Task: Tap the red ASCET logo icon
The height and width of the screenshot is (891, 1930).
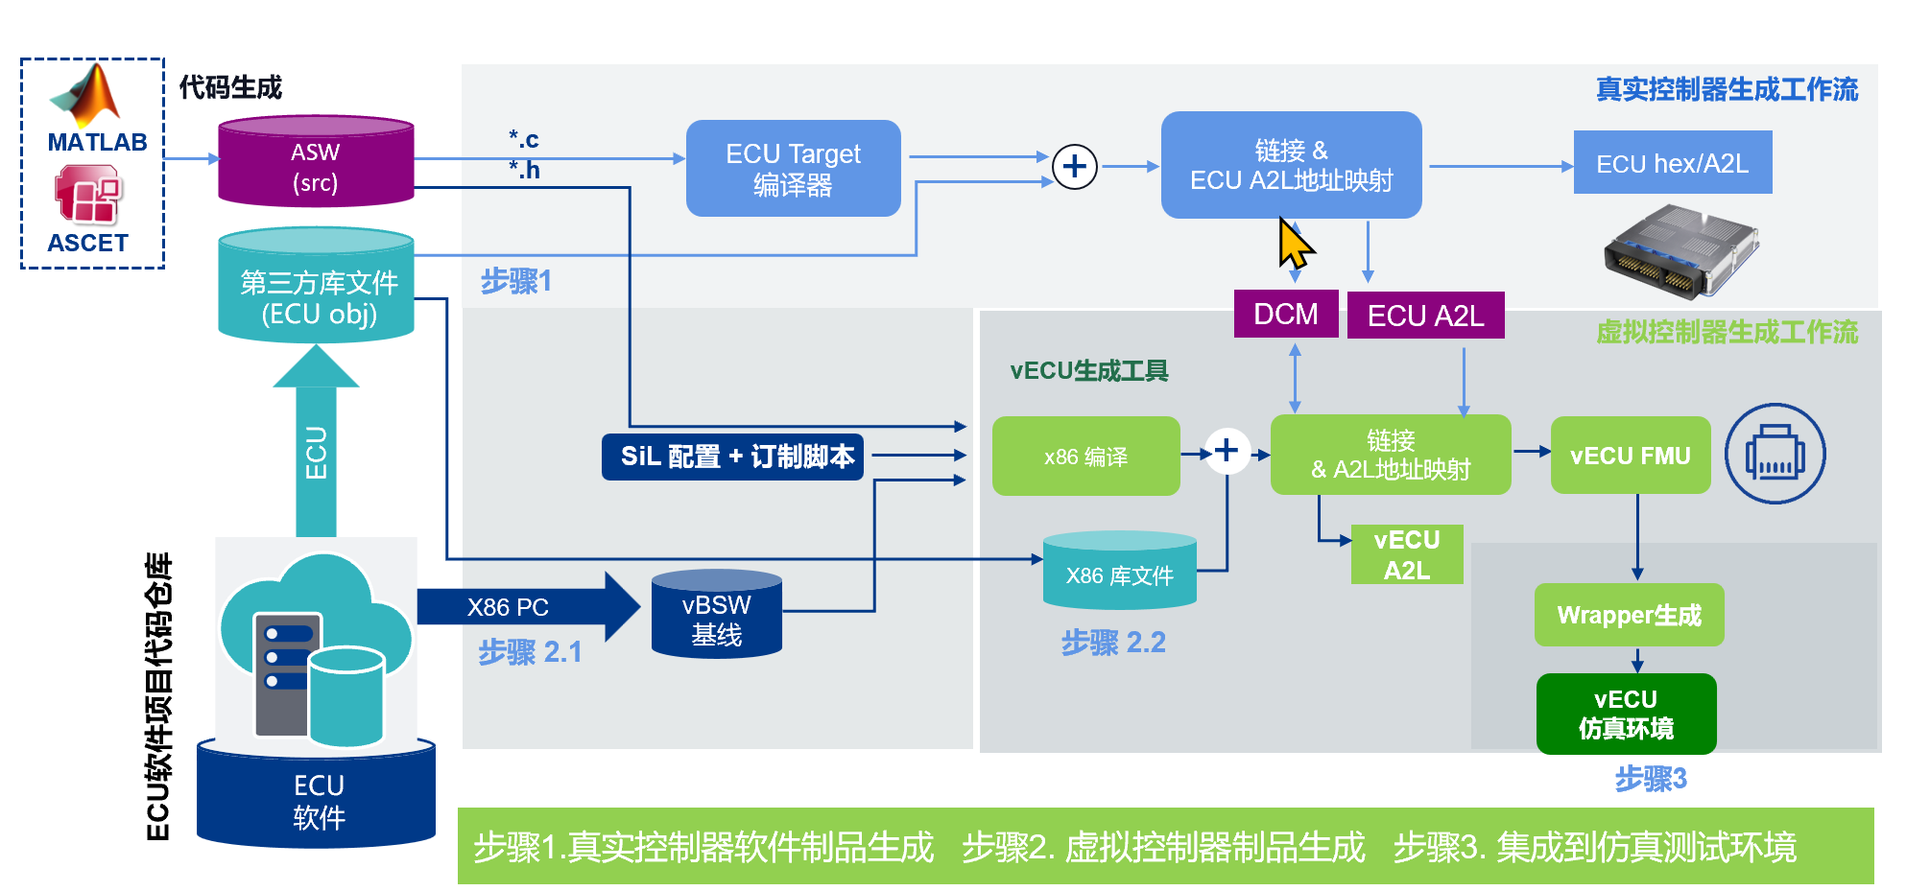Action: click(88, 195)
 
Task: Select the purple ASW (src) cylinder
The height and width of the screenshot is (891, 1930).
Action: click(316, 163)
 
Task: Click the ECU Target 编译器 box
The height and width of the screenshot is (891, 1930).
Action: click(793, 168)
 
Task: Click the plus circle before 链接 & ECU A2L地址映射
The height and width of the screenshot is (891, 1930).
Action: click(1074, 167)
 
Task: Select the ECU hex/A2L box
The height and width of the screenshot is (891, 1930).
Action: click(1672, 163)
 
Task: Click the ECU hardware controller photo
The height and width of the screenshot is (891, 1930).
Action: click(1680, 251)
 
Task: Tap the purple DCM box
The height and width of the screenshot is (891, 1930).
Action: click(1285, 314)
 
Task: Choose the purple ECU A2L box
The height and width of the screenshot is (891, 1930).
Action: click(1425, 316)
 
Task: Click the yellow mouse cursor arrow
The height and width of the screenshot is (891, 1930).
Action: click(1293, 244)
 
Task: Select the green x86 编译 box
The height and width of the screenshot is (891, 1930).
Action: click(1085, 457)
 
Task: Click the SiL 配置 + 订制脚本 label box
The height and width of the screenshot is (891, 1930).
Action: click(733, 457)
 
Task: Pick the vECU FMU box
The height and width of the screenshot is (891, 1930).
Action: click(1630, 456)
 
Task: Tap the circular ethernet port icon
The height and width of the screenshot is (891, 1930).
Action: click(1775, 454)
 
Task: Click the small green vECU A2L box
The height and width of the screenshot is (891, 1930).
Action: click(1406, 554)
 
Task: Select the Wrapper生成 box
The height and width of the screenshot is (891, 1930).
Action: click(1629, 615)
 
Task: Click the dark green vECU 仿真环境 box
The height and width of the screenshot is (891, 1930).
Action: click(1626, 714)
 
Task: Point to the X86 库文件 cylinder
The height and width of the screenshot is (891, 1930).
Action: click(1119, 573)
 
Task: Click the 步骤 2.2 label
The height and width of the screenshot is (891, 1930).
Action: click(1113, 643)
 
